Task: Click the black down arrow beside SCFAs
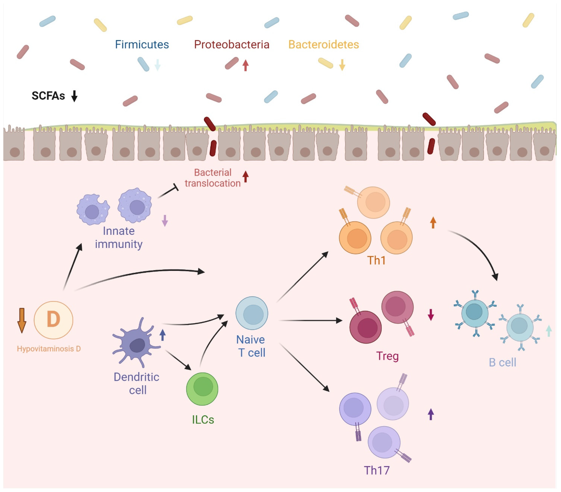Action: tap(74, 96)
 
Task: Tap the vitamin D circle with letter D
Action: tap(53, 320)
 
